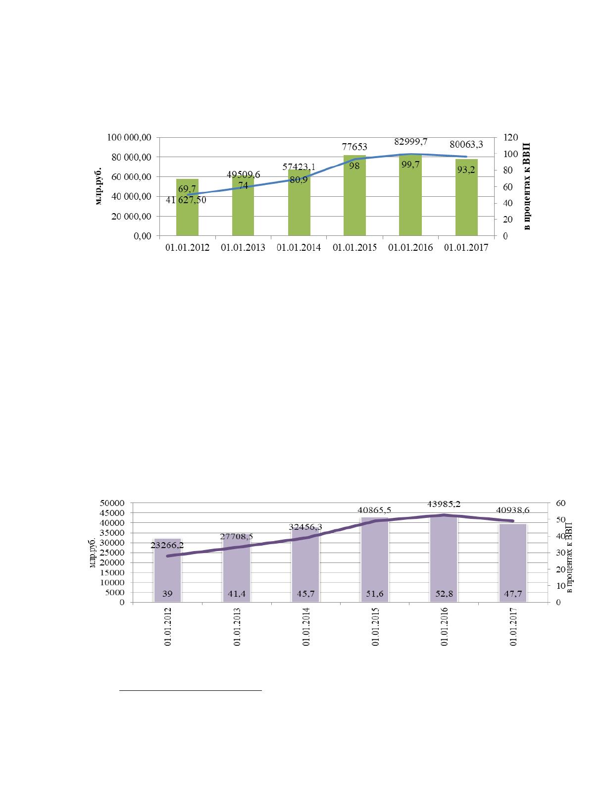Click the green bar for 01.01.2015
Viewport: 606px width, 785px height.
[x=354, y=195]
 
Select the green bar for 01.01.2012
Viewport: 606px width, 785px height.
[x=187, y=207]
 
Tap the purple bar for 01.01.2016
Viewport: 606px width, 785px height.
[x=444, y=559]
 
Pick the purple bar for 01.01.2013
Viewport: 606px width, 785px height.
[x=236, y=570]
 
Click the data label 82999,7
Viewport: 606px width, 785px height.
[x=411, y=142]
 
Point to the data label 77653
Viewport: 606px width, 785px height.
[x=354, y=147]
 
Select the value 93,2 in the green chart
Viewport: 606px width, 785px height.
[x=466, y=169]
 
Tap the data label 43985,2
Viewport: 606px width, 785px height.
[x=444, y=504]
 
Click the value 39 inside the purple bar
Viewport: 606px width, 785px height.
[x=167, y=594]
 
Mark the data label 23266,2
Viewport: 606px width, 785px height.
[x=167, y=545]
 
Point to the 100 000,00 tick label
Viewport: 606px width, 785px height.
[x=129, y=137]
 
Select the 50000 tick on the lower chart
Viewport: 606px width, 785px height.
[x=112, y=503]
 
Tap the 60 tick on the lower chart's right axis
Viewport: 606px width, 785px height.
[x=560, y=503]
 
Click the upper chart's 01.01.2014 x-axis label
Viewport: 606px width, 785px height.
[x=299, y=247]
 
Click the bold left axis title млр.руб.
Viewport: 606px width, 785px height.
[x=99, y=186]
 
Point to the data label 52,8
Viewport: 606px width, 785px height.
[x=444, y=594]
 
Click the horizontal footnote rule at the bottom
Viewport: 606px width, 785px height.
[x=190, y=691]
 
